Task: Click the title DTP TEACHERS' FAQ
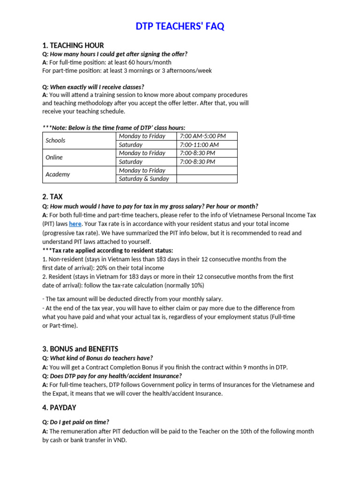pos(180,27)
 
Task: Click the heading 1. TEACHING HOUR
pos(73,45)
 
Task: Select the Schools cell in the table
pos(55,140)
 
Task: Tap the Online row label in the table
pos(54,157)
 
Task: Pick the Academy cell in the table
pos(58,174)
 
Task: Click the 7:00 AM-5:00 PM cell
pos(202,136)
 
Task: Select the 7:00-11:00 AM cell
pos(199,145)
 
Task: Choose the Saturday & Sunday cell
pos(143,179)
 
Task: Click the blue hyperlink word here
pos(75,224)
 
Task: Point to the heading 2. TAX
pos(52,197)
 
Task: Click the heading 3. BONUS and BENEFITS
pos(80,349)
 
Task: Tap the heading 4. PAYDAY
pos(59,408)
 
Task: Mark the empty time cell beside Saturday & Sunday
pos(207,179)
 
